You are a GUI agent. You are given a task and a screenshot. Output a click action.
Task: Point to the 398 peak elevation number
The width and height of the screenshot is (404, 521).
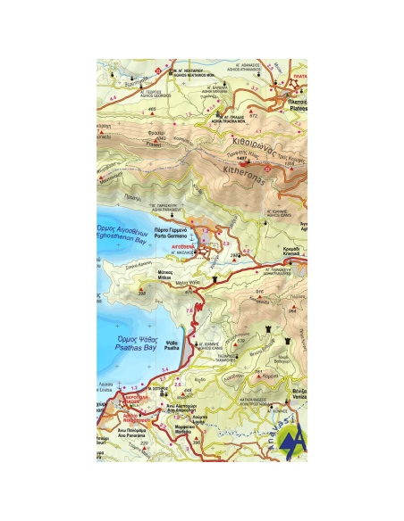(142, 289)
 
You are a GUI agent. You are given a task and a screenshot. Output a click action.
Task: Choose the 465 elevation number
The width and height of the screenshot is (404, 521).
(151, 110)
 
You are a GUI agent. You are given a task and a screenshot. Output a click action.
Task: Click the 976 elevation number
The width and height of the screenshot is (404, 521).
(259, 292)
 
